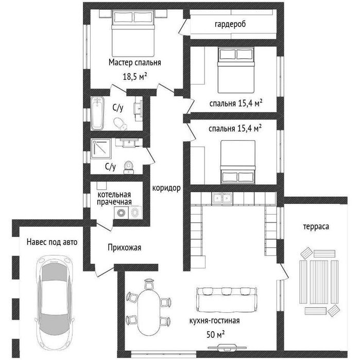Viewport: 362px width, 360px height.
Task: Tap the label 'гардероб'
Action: [230, 24]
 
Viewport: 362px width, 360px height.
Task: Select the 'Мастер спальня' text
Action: [135, 62]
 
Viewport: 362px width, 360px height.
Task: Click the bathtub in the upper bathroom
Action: [97, 113]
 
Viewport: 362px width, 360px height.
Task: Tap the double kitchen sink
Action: [222, 198]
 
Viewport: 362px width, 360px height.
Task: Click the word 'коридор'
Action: [166, 188]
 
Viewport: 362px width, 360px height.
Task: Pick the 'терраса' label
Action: [316, 227]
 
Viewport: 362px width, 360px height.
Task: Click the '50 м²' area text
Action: [216, 334]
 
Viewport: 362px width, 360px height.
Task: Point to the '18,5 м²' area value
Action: [135, 76]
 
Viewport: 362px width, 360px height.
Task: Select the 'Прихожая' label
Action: [124, 248]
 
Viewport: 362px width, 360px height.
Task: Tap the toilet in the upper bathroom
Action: [120, 124]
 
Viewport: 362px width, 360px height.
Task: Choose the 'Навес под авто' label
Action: [52, 242]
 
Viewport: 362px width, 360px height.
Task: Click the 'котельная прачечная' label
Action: [114, 198]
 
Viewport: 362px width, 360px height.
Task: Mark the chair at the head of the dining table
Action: [149, 284]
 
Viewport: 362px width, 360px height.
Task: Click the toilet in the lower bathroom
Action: [128, 167]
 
